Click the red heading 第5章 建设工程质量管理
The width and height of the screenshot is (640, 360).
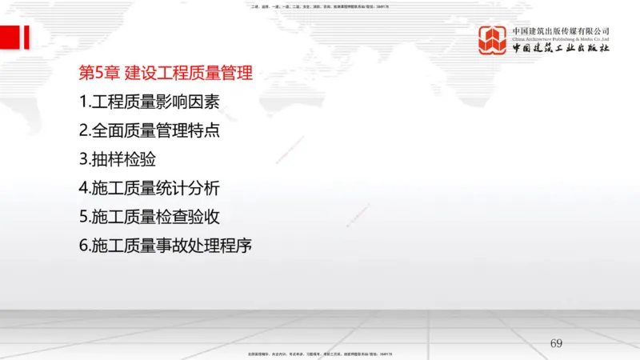166,74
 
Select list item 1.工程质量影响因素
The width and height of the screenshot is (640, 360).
149,102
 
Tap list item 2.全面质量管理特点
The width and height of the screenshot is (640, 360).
149,130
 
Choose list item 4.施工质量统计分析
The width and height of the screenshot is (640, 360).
149,189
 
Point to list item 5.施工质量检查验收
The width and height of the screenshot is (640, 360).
149,217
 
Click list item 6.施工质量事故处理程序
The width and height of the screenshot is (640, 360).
166,246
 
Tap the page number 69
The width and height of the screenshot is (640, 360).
557,343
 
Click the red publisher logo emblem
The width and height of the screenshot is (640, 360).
493,40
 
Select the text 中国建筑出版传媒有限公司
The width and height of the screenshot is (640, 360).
561,30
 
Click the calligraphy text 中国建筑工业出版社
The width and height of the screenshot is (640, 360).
561,49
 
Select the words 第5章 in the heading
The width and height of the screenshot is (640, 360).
99,74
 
